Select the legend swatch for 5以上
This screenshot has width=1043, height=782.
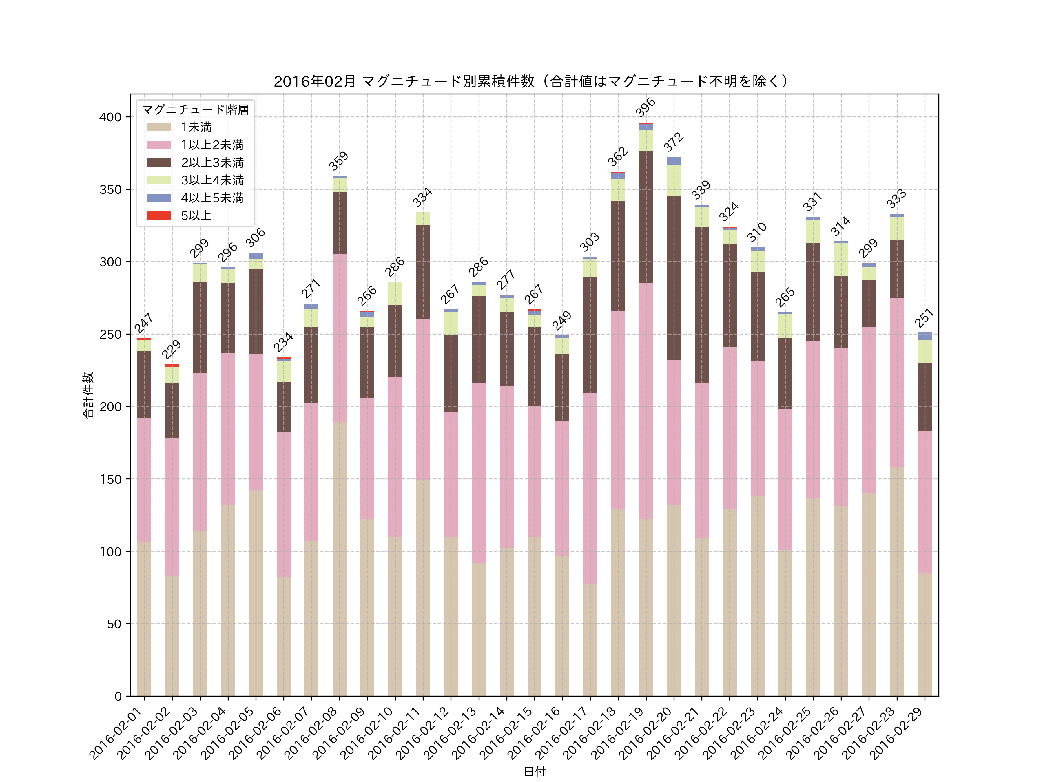(x=158, y=215)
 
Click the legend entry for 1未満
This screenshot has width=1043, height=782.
(x=196, y=127)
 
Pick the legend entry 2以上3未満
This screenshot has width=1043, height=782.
(x=212, y=162)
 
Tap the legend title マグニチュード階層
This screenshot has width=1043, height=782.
(x=195, y=110)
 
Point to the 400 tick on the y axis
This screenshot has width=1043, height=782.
(x=110, y=117)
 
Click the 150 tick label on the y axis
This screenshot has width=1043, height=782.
(x=110, y=479)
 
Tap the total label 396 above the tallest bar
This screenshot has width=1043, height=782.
(x=645, y=107)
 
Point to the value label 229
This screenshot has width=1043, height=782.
(x=171, y=349)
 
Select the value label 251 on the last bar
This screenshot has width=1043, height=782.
(x=924, y=317)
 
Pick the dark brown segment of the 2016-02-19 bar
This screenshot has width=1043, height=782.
(x=646, y=217)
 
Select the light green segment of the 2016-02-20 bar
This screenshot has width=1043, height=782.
(x=674, y=180)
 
